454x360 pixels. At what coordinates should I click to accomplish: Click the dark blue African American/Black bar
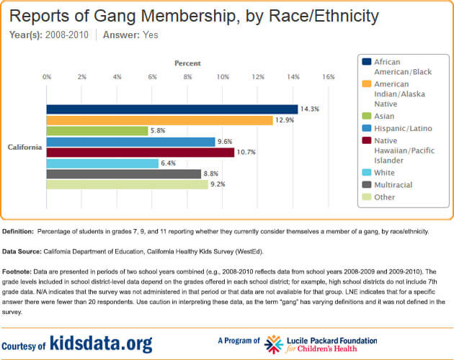[x=172, y=109]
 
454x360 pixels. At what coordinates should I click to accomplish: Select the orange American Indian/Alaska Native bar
[x=159, y=120]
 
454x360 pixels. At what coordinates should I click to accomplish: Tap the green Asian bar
[x=97, y=131]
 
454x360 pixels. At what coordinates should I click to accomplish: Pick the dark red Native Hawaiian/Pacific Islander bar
[x=140, y=153]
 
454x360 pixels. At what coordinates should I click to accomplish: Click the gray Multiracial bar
[x=123, y=174]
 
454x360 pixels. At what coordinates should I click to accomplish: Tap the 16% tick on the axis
[x=329, y=77]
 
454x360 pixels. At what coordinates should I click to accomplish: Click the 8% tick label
[x=187, y=77]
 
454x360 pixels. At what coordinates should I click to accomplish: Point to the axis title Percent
[x=187, y=63]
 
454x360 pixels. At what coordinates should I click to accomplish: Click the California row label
[x=25, y=147]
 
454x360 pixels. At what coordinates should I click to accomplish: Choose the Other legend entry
[x=384, y=197]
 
